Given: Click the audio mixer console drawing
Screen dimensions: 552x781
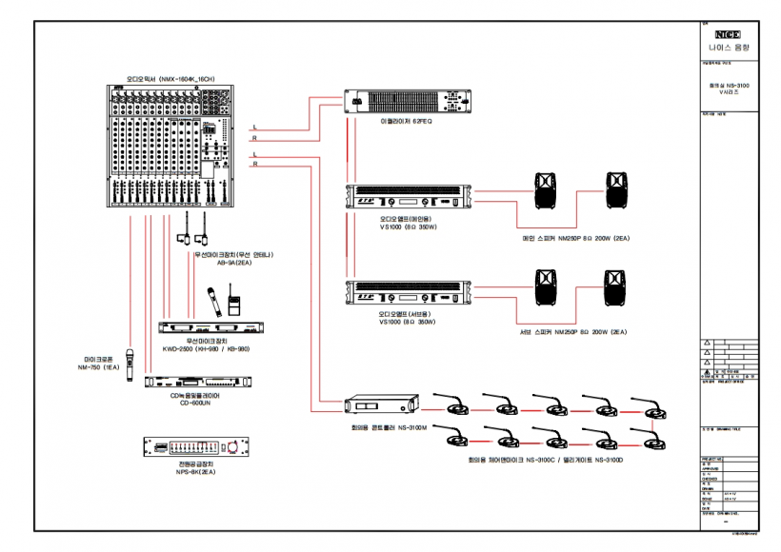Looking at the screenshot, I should click(169, 145).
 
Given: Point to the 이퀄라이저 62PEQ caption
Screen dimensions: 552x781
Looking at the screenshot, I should click(407, 123).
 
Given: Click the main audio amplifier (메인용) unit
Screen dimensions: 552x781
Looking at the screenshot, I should click(407, 197).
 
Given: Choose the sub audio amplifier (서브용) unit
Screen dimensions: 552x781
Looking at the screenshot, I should click(407, 291).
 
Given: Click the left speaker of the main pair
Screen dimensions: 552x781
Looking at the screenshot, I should click(546, 190).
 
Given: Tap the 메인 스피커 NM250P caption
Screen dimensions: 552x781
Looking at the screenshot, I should click(576, 238).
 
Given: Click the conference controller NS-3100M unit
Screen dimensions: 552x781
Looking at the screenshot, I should click(381, 406).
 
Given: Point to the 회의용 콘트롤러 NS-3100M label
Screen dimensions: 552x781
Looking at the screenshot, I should click(381, 428).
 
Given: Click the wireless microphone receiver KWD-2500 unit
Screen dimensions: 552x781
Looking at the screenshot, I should click(209, 327).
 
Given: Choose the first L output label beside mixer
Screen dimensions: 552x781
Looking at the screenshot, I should click(255, 127).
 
